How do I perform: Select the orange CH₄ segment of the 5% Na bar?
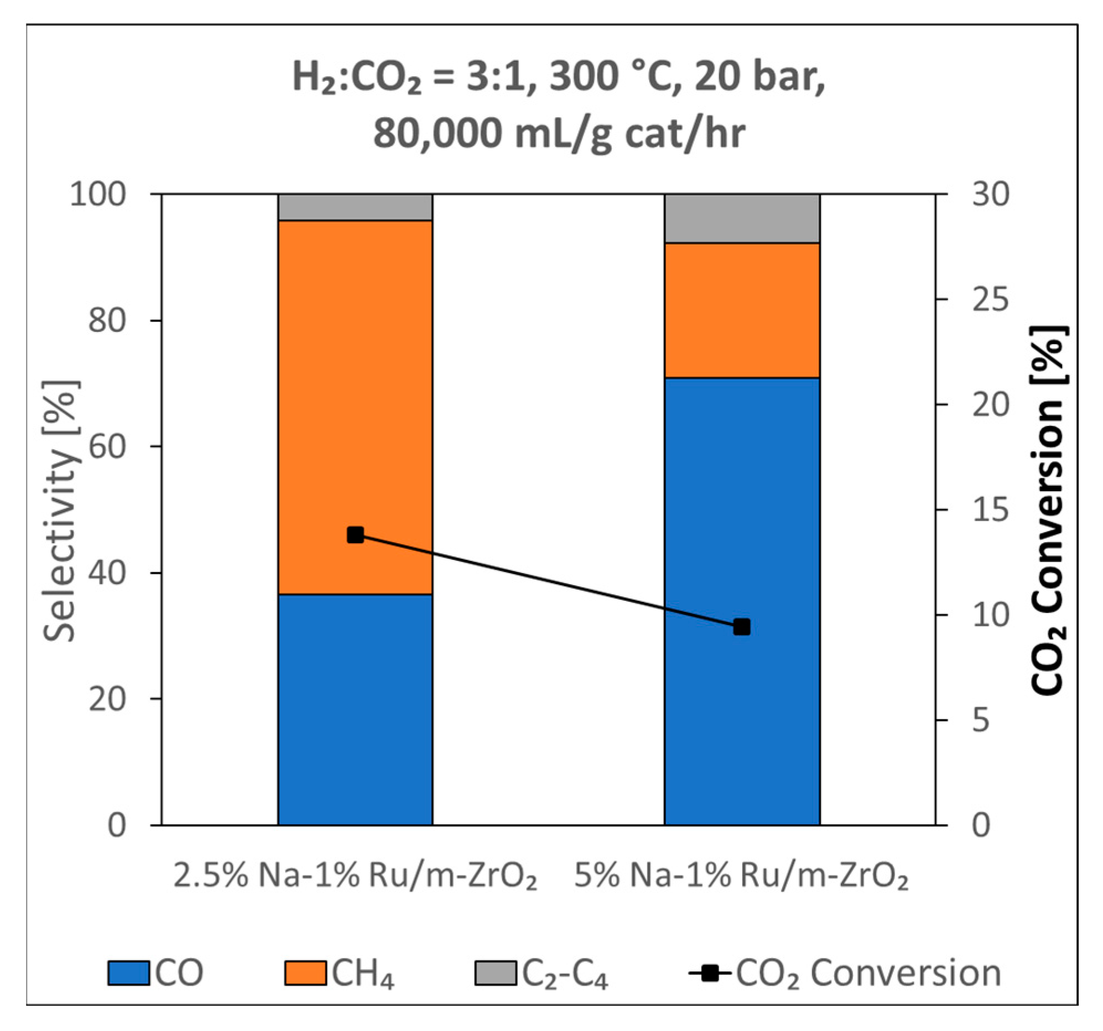(x=742, y=310)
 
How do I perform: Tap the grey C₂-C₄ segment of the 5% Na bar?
(x=742, y=218)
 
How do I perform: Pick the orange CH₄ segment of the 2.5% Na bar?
(x=355, y=388)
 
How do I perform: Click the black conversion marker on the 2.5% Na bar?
(x=355, y=535)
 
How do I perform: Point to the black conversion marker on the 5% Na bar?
(x=742, y=627)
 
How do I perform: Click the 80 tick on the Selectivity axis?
(x=107, y=320)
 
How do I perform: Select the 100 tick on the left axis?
(x=98, y=195)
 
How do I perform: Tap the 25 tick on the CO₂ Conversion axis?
(x=990, y=300)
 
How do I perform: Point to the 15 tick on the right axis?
(x=990, y=510)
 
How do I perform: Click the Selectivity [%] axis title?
(x=60, y=511)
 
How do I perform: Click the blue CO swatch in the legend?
(x=128, y=973)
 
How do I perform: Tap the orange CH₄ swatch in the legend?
(x=305, y=973)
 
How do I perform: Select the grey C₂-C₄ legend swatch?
(x=495, y=973)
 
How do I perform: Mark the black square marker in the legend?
(x=709, y=973)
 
